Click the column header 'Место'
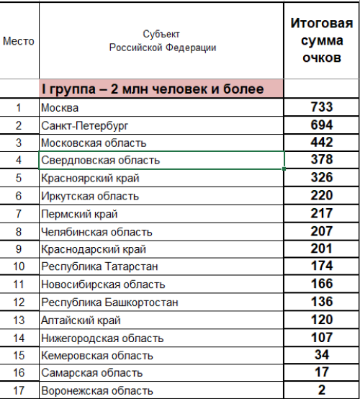pyautogui.click(x=19, y=41)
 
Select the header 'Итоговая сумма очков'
pyautogui.click(x=322, y=41)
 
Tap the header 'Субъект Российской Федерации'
pyautogui.click(x=162, y=41)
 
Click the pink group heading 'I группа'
pyautogui.click(x=152, y=89)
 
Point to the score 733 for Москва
pyautogui.click(x=322, y=107)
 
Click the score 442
pyautogui.click(x=322, y=143)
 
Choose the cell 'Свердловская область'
pyautogui.click(x=100, y=160)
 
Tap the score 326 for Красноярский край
pyautogui.click(x=322, y=177)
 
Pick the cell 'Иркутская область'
pyautogui.click(x=90, y=195)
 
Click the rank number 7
pyautogui.click(x=19, y=213)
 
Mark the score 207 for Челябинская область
pyautogui.click(x=322, y=231)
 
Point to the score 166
pyautogui.click(x=322, y=284)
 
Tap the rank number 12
pyautogui.click(x=19, y=302)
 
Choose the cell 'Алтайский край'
pyautogui.click(x=81, y=320)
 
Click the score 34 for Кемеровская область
pyautogui.click(x=322, y=354)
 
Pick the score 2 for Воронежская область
pyautogui.click(x=322, y=390)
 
